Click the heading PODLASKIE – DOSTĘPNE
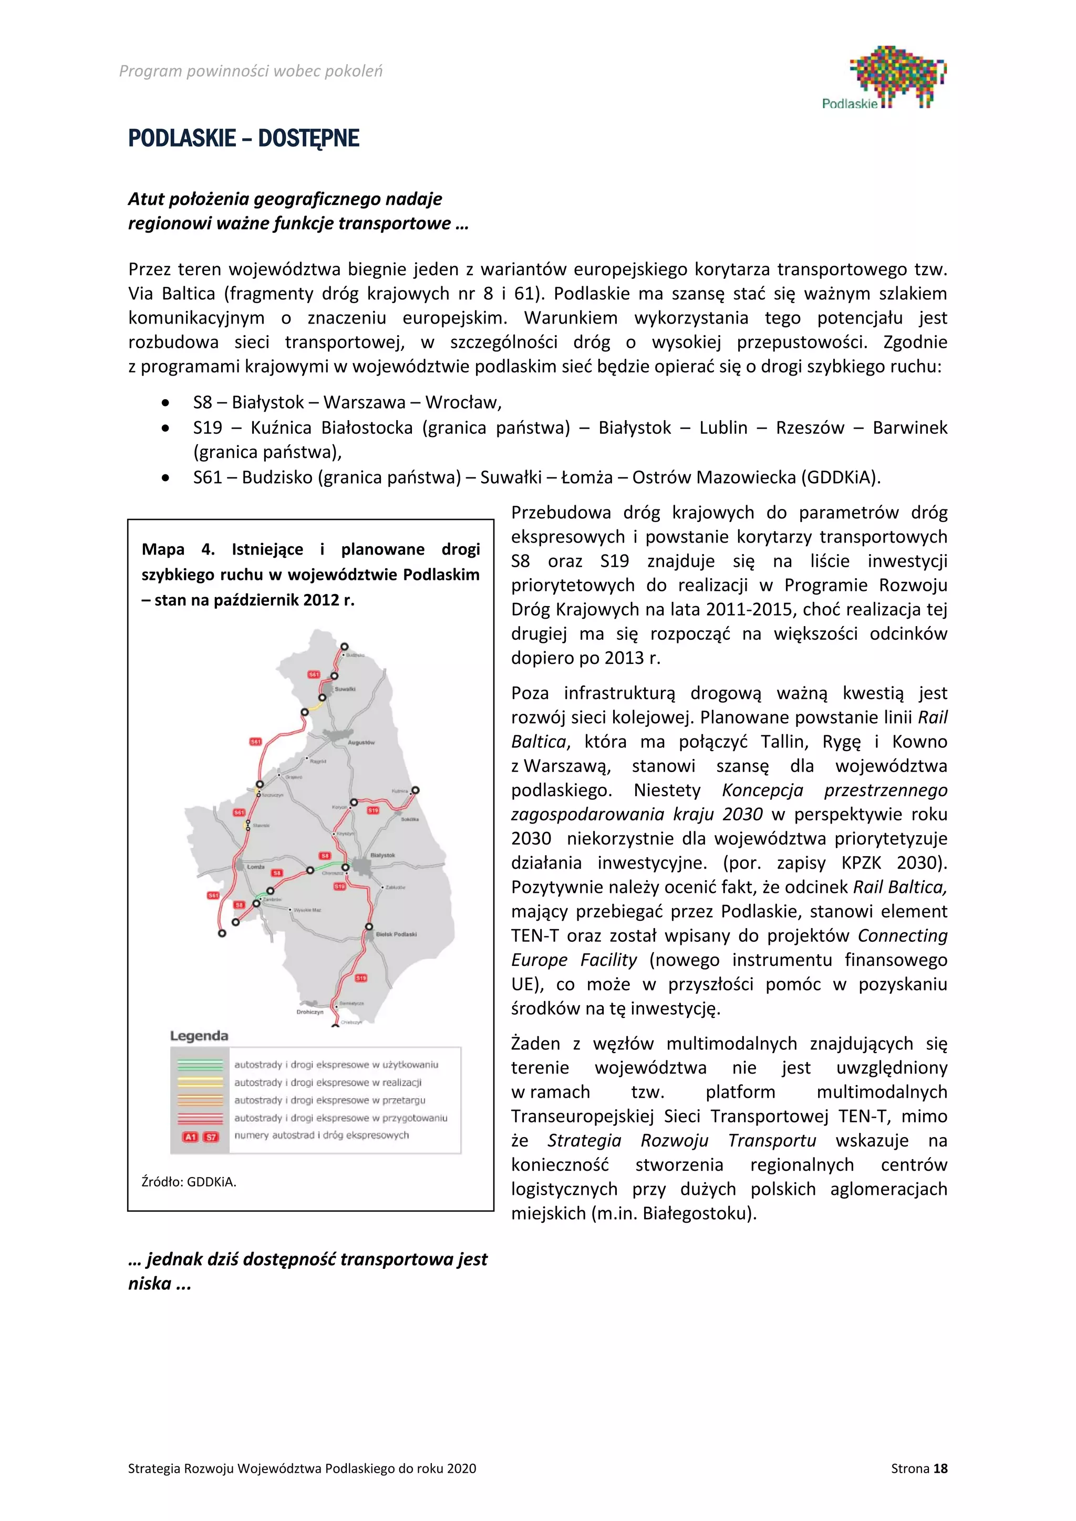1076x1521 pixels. point(243,139)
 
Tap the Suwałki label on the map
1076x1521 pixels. point(345,689)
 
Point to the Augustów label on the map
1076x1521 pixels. point(361,743)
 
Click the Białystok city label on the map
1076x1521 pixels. point(382,855)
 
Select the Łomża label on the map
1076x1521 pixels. point(255,867)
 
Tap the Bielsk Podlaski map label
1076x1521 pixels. point(396,934)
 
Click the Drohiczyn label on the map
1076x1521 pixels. point(309,1012)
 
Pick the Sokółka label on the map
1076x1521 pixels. point(409,819)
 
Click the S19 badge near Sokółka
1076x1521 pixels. point(373,810)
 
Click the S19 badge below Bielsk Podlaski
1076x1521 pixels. point(360,978)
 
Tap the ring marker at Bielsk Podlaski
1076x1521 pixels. point(369,927)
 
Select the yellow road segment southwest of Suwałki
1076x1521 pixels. point(314,706)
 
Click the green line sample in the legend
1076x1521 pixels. point(200,1065)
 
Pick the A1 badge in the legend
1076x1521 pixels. point(190,1137)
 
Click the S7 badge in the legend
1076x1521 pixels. point(211,1137)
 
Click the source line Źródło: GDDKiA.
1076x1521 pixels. point(189,1182)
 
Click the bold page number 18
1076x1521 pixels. point(940,1468)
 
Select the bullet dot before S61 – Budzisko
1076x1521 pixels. point(165,477)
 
